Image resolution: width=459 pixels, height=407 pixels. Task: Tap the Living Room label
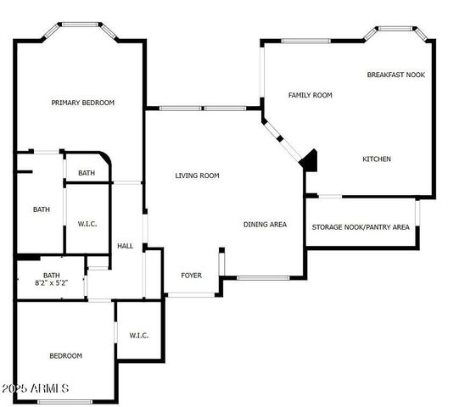pos(197,176)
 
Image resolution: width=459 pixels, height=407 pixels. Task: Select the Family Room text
pos(310,95)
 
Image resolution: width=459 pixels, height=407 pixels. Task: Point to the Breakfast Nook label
pos(395,75)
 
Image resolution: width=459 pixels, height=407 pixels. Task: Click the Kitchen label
pos(377,159)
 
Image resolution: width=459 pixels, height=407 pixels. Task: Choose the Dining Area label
pos(265,225)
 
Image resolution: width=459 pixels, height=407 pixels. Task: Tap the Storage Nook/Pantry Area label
pos(361,227)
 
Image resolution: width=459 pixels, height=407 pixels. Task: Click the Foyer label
pos(192,275)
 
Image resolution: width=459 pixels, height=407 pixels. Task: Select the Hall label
pos(126,246)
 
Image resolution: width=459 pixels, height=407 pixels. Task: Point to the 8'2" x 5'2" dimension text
pos(52,282)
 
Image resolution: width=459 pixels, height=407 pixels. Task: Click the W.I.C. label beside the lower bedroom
pos(139,335)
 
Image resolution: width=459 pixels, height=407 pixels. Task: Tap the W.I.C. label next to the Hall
pos(88,225)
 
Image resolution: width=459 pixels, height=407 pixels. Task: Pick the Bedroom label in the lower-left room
pos(65,355)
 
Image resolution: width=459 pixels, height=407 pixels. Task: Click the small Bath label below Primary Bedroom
pos(87,173)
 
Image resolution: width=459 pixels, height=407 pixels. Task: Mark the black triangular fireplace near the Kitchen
pos(310,159)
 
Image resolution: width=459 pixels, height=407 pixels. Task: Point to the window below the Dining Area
pos(263,278)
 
